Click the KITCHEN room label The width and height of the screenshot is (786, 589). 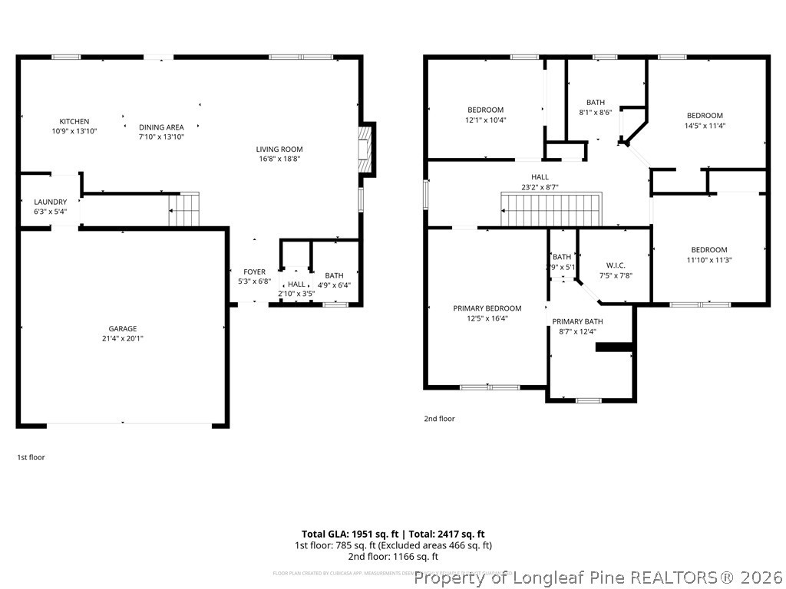[74, 121]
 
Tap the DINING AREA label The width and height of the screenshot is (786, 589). [161, 127]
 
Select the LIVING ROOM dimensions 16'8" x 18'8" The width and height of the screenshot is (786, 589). [279, 160]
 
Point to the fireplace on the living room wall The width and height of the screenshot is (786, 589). [367, 150]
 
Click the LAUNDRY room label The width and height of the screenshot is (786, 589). [50, 202]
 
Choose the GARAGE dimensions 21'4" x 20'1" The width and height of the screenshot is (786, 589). [122, 338]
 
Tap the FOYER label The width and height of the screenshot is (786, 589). [254, 272]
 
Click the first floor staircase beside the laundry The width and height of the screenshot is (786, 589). [184, 209]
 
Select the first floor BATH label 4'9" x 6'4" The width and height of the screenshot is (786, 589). [334, 276]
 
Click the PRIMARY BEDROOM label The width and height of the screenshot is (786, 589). [487, 308]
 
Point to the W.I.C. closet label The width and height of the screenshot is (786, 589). [615, 265]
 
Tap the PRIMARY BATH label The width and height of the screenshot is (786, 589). [577, 321]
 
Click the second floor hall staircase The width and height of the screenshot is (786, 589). [551, 210]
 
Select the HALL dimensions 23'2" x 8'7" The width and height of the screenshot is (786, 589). [540, 186]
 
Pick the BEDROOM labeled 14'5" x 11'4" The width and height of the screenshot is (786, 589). [704, 116]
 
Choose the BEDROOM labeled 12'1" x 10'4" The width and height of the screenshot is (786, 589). [485, 110]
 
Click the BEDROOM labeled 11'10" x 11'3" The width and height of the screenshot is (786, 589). [708, 250]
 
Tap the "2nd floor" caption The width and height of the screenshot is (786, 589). [439, 419]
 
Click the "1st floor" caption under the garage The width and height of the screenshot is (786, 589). [31, 457]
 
